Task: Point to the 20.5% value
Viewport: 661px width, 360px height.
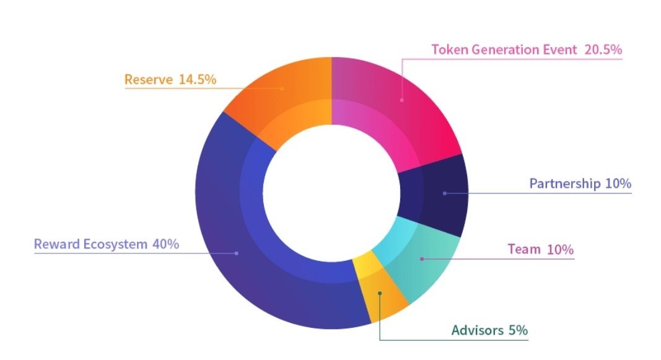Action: pos(603,50)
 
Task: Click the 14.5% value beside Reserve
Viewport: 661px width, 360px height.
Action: pos(198,80)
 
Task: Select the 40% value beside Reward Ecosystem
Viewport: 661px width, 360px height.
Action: pos(165,244)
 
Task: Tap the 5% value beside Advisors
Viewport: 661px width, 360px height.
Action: pos(518,330)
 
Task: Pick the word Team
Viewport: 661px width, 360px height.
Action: pos(524,250)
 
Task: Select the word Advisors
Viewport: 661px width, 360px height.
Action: pos(477,330)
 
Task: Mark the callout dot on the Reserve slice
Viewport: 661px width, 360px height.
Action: pos(282,89)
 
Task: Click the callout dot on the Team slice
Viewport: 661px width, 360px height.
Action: pos(422,258)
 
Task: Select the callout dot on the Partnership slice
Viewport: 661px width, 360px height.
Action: pos(445,193)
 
